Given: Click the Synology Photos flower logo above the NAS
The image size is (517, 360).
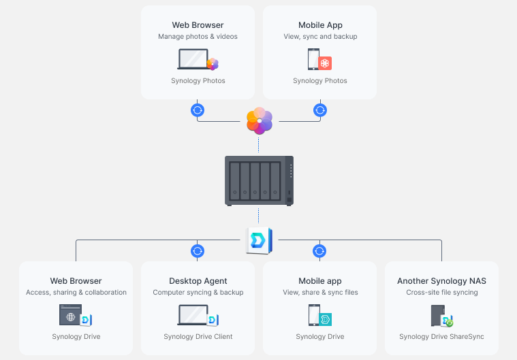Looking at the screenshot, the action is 260,120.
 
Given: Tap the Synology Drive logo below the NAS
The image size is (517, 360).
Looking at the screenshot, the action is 259,240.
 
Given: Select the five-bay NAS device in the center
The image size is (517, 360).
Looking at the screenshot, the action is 259,181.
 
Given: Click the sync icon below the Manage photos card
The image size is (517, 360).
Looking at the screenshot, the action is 198,110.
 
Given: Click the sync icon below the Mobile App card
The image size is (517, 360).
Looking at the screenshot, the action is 320,110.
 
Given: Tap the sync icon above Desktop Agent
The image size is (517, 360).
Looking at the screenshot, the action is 198,251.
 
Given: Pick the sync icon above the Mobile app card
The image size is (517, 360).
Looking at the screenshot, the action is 319,251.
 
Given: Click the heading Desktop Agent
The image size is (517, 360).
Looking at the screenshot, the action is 198,281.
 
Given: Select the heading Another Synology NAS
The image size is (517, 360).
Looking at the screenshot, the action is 441,281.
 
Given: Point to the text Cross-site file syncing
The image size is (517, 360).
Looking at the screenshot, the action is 442,292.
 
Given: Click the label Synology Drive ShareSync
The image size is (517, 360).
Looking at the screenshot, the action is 441,336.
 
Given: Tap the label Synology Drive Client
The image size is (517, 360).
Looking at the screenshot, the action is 198,336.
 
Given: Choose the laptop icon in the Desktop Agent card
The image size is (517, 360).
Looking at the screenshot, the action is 198,315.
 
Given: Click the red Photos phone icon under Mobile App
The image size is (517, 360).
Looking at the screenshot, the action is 319,59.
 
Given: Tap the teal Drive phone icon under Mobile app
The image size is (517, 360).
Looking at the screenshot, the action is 320,315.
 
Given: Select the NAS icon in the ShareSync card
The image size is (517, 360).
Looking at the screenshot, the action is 442,316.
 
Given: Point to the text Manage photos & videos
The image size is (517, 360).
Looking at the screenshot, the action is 198,36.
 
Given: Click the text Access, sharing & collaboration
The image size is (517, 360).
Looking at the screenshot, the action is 76,292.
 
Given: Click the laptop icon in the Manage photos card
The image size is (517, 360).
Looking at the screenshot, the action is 198,59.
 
